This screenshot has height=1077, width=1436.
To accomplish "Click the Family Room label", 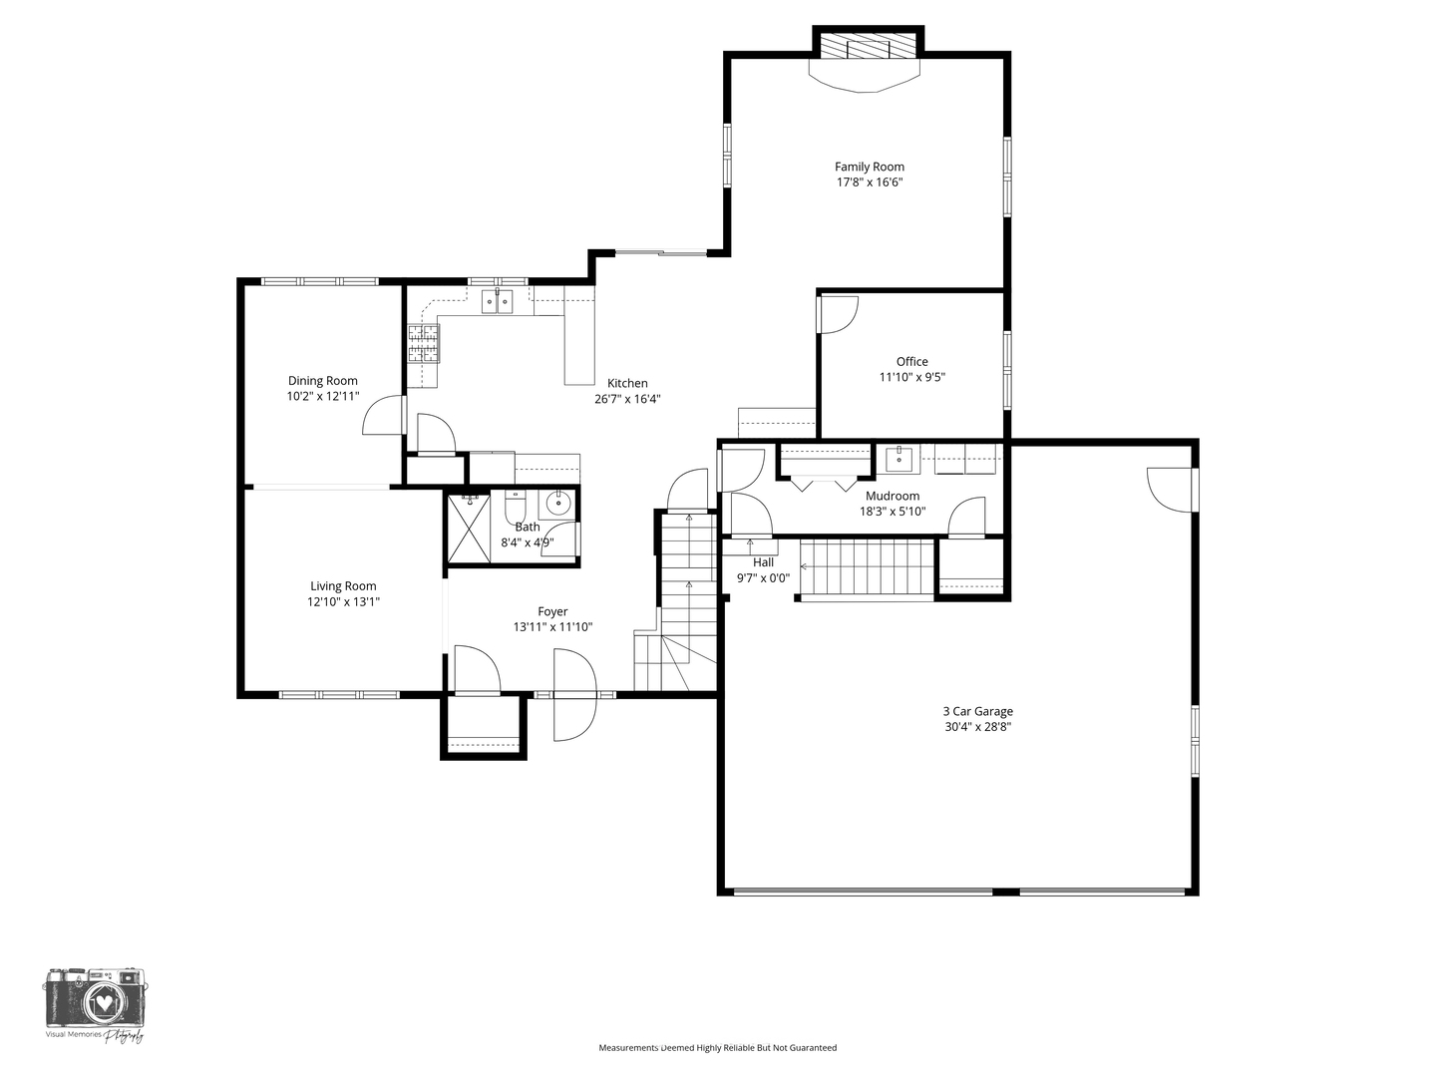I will point(869,167).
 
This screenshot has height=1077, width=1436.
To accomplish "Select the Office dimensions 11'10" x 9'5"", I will point(911,377).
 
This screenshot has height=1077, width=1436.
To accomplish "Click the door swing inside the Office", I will point(838,314).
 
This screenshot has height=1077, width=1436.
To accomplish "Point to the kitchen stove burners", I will point(423,342).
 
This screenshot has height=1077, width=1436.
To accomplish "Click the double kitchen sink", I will point(497,300).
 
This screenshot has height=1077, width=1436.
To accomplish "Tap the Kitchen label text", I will point(627,383).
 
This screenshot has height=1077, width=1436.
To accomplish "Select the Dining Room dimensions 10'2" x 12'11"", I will point(322,396).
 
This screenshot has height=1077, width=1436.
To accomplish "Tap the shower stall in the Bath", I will point(468,529).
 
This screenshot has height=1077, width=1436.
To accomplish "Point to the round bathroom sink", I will point(558,503).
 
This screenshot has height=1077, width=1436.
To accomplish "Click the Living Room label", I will point(343,586).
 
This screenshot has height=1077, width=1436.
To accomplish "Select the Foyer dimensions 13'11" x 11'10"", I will point(552,627).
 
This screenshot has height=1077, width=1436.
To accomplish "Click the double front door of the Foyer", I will point(574,694).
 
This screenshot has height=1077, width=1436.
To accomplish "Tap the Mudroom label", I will point(893,496).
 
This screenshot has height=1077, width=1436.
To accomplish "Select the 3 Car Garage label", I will point(977,711).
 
